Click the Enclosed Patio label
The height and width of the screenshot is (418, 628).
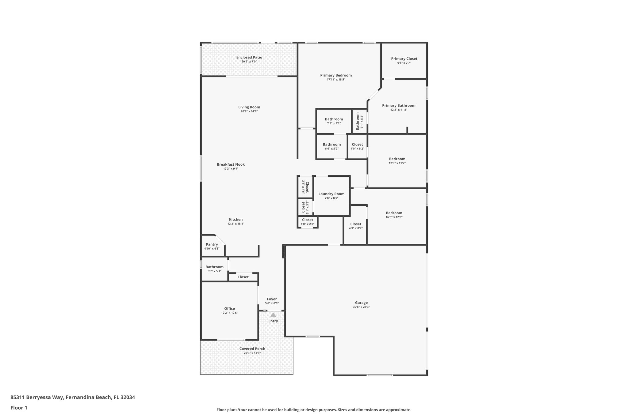[249, 57]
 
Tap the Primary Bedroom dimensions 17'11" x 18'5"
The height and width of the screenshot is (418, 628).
[336, 80]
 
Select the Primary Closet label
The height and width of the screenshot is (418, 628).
[404, 59]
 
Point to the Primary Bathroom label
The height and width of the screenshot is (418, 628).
[398, 106]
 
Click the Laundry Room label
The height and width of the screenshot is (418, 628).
[331, 194]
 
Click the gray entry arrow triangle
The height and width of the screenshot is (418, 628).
[273, 314]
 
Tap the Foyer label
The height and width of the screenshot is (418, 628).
[272, 299]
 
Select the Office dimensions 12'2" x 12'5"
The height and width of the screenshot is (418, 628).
[229, 313]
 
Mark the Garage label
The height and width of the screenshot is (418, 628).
[361, 303]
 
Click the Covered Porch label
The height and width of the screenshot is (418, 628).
[252, 349]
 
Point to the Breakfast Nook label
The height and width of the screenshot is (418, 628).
[231, 164]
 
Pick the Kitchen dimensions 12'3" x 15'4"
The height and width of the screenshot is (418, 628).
[235, 224]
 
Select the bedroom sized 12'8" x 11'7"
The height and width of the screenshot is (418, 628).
[397, 161]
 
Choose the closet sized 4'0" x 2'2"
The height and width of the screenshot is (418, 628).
[307, 222]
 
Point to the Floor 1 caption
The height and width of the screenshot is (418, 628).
[19, 408]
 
